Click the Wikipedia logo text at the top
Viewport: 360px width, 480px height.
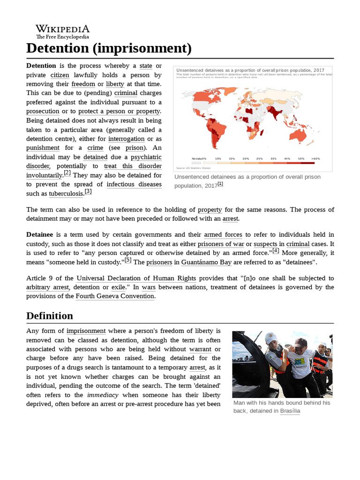tap(62, 29)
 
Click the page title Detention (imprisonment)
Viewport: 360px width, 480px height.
tap(109, 48)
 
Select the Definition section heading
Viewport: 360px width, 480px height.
tap(50, 315)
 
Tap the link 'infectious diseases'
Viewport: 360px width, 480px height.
tap(134, 184)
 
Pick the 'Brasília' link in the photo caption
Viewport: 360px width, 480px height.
tap(290, 411)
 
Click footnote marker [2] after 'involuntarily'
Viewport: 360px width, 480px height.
tap(67, 173)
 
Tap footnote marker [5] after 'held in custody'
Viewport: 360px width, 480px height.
tap(128, 260)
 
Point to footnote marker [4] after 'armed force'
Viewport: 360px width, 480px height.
tap(276, 251)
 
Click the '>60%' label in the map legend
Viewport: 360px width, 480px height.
tap(315, 159)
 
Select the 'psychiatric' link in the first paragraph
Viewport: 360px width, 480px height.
tap(146, 157)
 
